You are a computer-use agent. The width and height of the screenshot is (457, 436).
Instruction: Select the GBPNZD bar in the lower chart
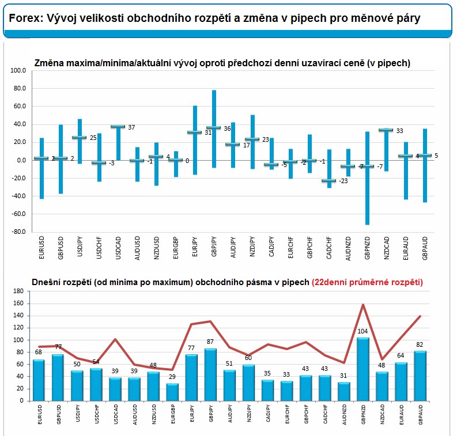(x=363, y=369)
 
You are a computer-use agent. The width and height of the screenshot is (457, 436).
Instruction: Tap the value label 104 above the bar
(x=362, y=331)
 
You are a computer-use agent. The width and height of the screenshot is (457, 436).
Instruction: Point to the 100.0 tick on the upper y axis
(x=18, y=70)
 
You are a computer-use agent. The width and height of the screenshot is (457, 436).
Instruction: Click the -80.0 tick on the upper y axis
(x=18, y=232)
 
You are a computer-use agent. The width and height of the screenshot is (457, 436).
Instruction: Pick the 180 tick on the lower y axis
(x=18, y=291)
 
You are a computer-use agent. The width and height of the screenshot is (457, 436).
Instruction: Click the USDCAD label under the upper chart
(x=118, y=248)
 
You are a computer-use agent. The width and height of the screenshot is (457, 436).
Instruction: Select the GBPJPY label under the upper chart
(x=214, y=247)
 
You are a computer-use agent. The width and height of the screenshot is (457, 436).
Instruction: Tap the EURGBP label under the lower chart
(x=173, y=414)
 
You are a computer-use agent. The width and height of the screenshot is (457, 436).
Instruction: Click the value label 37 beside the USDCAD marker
(x=131, y=127)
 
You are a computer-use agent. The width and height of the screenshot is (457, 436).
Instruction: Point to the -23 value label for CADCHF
(x=343, y=181)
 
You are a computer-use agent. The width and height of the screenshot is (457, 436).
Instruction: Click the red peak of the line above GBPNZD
(x=363, y=304)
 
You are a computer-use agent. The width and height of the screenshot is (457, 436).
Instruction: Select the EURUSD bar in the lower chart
(x=39, y=380)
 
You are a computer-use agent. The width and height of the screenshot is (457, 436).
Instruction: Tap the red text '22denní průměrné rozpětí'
(x=367, y=282)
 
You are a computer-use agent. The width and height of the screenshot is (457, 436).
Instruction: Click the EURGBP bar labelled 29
(x=172, y=392)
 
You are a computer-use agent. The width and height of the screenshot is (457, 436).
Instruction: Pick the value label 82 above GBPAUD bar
(x=420, y=344)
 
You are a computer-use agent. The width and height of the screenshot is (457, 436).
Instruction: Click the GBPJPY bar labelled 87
(x=210, y=374)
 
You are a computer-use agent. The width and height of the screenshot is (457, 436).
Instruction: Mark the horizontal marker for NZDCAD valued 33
(x=386, y=130)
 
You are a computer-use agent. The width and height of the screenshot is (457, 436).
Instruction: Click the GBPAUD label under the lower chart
(x=421, y=415)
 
